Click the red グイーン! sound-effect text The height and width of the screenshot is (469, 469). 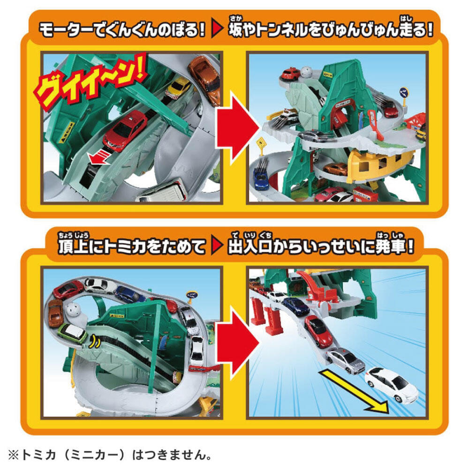(x=89, y=81)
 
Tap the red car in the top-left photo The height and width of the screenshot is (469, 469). (x=125, y=130)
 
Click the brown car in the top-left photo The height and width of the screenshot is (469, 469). (x=205, y=80)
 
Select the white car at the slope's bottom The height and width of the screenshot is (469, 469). (x=392, y=385)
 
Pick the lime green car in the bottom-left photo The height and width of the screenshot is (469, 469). (x=72, y=333)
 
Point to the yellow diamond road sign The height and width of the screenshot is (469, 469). (x=261, y=143)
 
